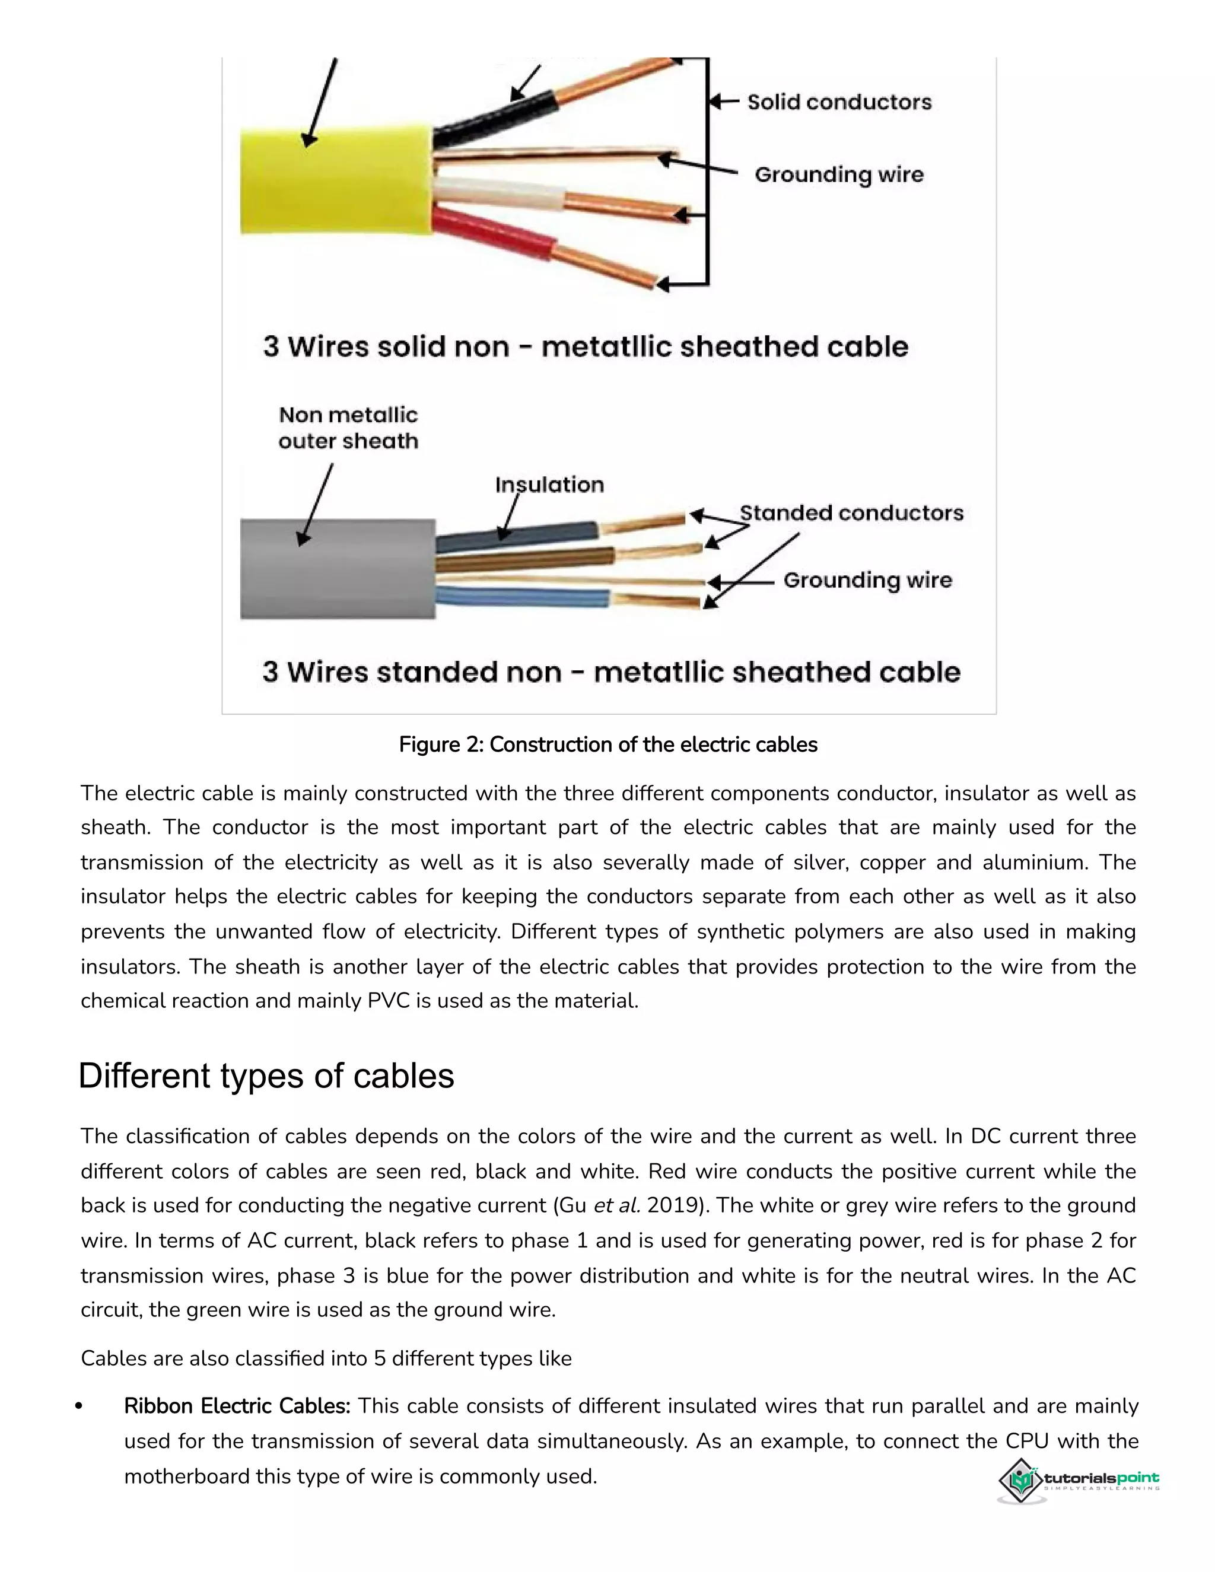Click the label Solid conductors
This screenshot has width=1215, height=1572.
838,102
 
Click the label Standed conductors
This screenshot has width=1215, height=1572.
851,513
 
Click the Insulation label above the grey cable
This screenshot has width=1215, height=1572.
549,485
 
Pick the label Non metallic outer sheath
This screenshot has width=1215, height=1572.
348,428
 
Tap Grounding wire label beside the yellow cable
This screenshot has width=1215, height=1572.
838,174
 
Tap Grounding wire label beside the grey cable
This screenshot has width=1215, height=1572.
867,580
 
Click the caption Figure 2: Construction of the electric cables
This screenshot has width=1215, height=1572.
608,744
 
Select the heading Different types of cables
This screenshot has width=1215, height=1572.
266,1076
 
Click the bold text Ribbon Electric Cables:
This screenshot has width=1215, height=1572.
237,1406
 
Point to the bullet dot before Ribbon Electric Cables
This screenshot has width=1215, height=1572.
79,1407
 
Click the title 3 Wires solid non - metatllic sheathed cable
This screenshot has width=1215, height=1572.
585,346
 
